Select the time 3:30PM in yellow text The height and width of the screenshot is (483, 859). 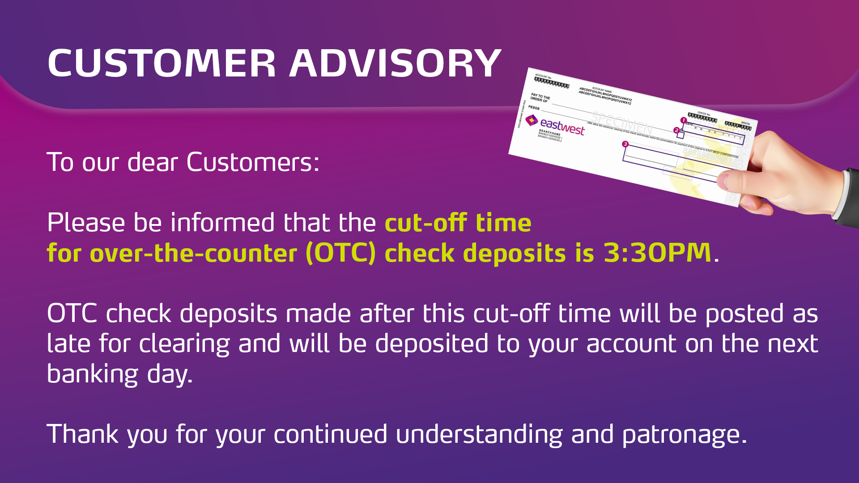click(657, 253)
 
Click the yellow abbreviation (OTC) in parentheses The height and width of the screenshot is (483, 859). click(341, 253)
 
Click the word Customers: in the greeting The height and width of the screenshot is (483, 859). click(253, 162)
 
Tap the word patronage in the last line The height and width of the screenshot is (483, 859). click(684, 435)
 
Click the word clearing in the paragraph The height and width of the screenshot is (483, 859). click(184, 344)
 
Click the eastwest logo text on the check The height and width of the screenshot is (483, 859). click(562, 127)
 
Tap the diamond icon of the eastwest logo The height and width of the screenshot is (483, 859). click(532, 120)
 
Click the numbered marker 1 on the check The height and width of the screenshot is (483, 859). click(683, 120)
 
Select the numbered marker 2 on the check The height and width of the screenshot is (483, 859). click(676, 130)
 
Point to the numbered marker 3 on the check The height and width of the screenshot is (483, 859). click(625, 144)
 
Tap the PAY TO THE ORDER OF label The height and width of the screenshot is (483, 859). click(540, 98)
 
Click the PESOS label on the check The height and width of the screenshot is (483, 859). click(534, 107)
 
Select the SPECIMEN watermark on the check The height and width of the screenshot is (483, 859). click(622, 122)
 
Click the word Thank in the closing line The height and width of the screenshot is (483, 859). click(82, 435)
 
